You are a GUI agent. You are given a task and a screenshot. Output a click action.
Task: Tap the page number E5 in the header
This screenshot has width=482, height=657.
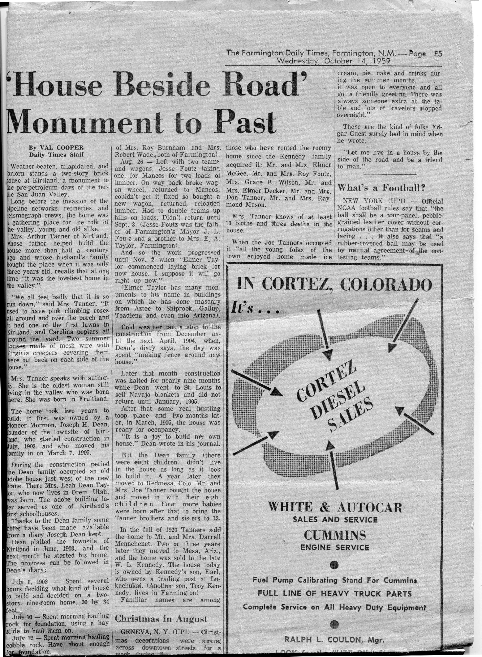tap(438, 54)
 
